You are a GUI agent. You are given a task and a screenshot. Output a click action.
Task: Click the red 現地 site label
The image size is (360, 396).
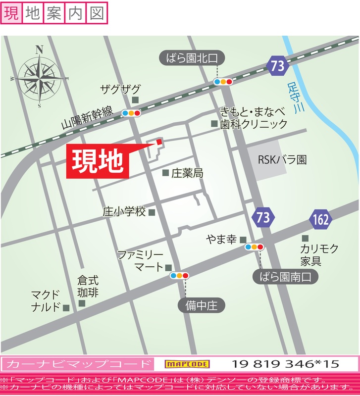click(98, 160)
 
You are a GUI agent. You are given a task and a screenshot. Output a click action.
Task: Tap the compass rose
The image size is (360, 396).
click(39, 77)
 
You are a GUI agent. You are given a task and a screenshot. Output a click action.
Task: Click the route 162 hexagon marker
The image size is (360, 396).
click(321, 219)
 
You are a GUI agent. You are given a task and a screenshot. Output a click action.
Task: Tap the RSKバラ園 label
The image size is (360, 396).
click(282, 160)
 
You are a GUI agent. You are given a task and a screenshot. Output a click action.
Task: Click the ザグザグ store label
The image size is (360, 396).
click(120, 89)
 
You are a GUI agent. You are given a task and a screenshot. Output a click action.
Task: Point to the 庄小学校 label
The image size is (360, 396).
click(124, 212)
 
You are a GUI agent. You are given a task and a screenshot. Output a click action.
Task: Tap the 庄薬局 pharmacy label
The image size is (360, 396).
click(187, 173)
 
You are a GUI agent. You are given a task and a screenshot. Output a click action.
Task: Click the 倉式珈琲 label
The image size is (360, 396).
click(88, 286)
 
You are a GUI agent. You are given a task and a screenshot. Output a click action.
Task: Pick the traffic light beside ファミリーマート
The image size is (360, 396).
click(179, 275)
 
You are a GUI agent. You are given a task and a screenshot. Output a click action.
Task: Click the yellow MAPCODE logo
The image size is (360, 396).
click(187, 364)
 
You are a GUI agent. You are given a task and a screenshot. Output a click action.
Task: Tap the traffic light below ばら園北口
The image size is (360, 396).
click(223, 82)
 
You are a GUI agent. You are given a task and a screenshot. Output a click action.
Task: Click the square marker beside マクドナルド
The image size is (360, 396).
click(66, 307)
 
